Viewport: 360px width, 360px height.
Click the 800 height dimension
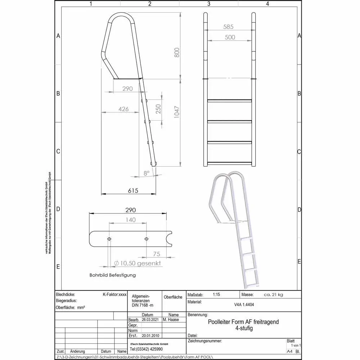point(176,53)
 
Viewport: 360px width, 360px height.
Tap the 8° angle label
point(147,173)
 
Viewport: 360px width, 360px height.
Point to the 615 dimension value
point(133,191)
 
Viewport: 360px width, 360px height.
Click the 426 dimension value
point(123,109)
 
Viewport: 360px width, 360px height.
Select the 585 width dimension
point(228,27)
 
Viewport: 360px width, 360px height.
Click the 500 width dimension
point(230,37)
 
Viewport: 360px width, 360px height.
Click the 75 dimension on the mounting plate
point(156,254)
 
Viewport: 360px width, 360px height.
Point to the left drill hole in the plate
point(109,239)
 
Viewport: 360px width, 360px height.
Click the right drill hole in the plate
point(146,239)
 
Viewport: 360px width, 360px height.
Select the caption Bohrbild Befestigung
point(113,275)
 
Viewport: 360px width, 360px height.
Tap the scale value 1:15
point(216,294)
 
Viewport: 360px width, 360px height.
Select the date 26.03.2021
point(150,320)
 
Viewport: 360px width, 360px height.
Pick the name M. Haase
point(171,320)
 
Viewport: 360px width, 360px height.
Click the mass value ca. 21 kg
point(273,294)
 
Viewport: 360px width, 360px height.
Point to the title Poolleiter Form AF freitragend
point(243,322)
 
